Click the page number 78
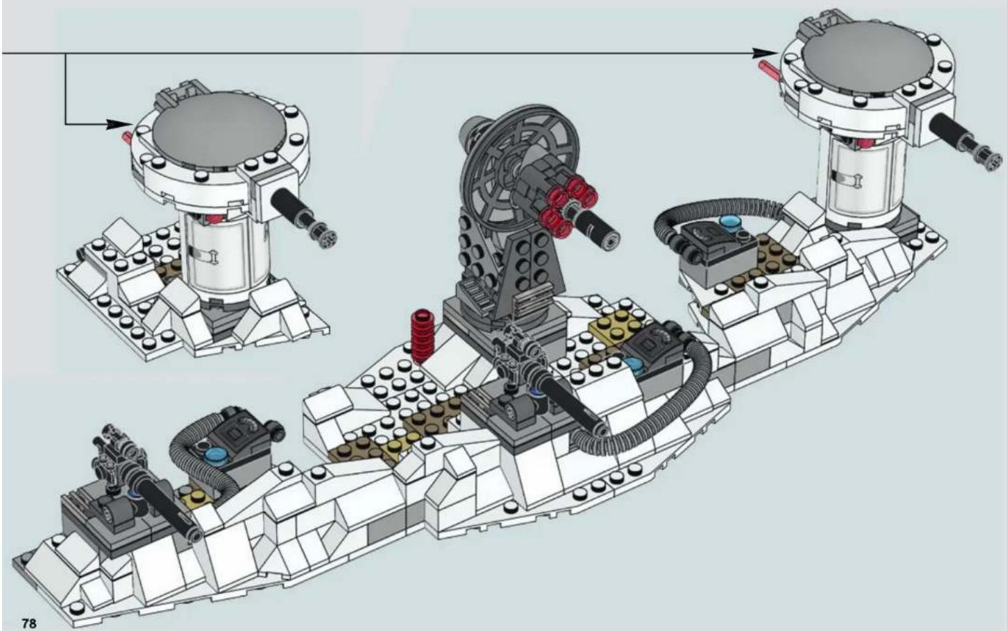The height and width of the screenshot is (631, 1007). pos(28,623)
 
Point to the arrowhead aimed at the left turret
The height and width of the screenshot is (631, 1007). pos(120,124)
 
